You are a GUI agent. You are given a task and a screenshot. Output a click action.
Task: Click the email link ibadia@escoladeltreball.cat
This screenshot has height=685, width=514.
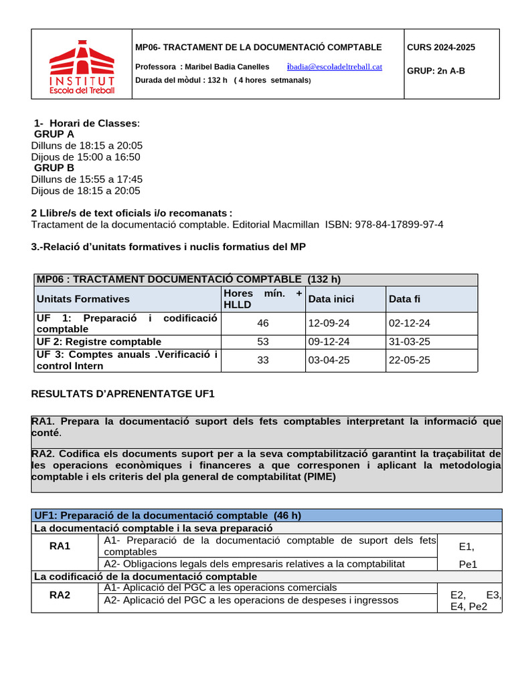pyautogui.click(x=334, y=66)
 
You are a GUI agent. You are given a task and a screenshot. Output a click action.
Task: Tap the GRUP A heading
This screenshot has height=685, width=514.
pyautogui.click(x=54, y=134)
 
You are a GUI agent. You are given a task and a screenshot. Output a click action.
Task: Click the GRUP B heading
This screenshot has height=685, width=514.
pyautogui.click(x=54, y=168)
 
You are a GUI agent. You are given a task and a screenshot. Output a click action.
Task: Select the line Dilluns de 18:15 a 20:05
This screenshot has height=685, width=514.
pyautogui.click(x=87, y=145)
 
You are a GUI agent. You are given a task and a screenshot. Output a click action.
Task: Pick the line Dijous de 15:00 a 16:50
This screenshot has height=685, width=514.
pyautogui.click(x=86, y=157)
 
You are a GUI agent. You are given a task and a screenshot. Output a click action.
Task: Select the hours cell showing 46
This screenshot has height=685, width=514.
pyautogui.click(x=262, y=323)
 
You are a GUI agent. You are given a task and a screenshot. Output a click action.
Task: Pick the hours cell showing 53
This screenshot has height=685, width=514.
pyautogui.click(x=262, y=342)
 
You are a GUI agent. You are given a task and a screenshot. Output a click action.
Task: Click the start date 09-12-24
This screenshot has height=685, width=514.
pyautogui.click(x=328, y=342)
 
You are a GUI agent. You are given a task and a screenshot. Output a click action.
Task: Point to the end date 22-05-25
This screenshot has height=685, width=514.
pyautogui.click(x=409, y=360)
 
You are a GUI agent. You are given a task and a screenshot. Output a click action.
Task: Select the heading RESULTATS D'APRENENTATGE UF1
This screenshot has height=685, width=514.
pyautogui.click(x=122, y=394)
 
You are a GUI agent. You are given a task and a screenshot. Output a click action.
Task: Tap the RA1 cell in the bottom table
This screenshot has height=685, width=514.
pyautogui.click(x=60, y=547)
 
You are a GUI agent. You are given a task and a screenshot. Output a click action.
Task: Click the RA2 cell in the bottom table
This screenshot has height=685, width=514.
pyautogui.click(x=60, y=595)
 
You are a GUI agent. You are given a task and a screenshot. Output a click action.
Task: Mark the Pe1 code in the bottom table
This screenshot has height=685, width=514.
pyautogui.click(x=468, y=564)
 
